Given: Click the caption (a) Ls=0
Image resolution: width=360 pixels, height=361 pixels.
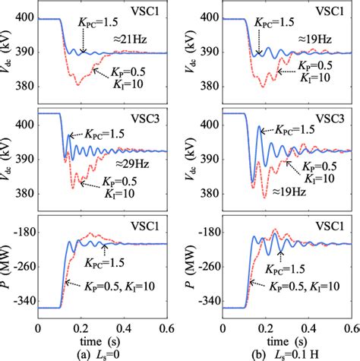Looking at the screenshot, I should [x=103, y=353].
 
